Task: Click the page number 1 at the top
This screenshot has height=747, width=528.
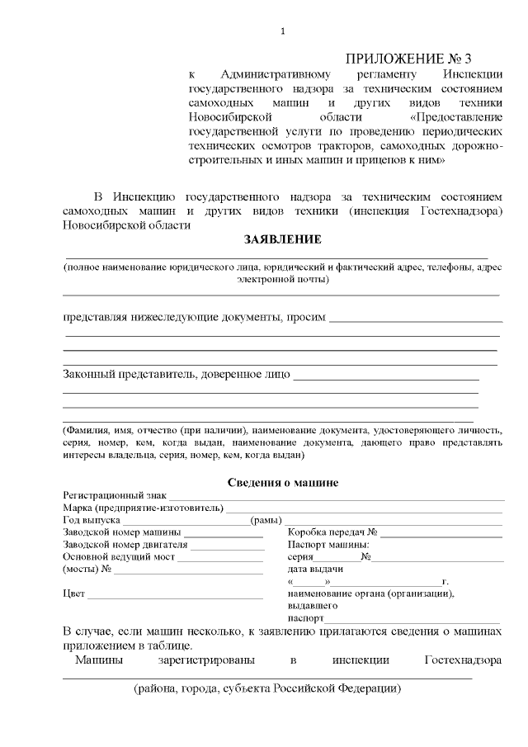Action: click(282, 31)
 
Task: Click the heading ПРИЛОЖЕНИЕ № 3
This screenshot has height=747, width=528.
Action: click(408, 59)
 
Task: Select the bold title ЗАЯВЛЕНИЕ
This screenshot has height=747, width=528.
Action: click(282, 239)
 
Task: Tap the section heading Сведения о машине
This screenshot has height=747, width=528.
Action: click(282, 481)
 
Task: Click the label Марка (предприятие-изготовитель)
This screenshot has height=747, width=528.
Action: click(143, 507)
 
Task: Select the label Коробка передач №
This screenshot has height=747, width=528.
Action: click(332, 532)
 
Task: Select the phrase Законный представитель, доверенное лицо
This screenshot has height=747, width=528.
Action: click(176, 375)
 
